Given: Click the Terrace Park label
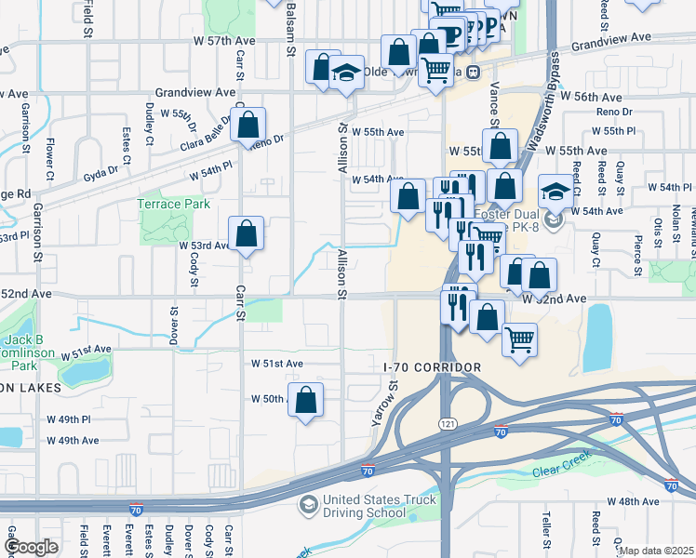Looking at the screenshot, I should pos(173,204).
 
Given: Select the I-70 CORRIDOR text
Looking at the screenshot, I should pos(432,368).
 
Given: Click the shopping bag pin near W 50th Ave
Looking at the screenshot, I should pos(305,399).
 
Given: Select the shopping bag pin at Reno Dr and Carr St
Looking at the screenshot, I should pos(248,126).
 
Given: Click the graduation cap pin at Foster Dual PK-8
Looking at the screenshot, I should pos(555,193).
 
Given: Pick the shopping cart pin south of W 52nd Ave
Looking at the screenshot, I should pos(519,338).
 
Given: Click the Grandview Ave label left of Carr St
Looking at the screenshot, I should pos(195,93).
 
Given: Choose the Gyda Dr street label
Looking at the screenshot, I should pos(100,171).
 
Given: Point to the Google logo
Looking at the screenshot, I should pos(31,547).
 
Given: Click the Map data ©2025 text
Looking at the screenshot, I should pos(655,551).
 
